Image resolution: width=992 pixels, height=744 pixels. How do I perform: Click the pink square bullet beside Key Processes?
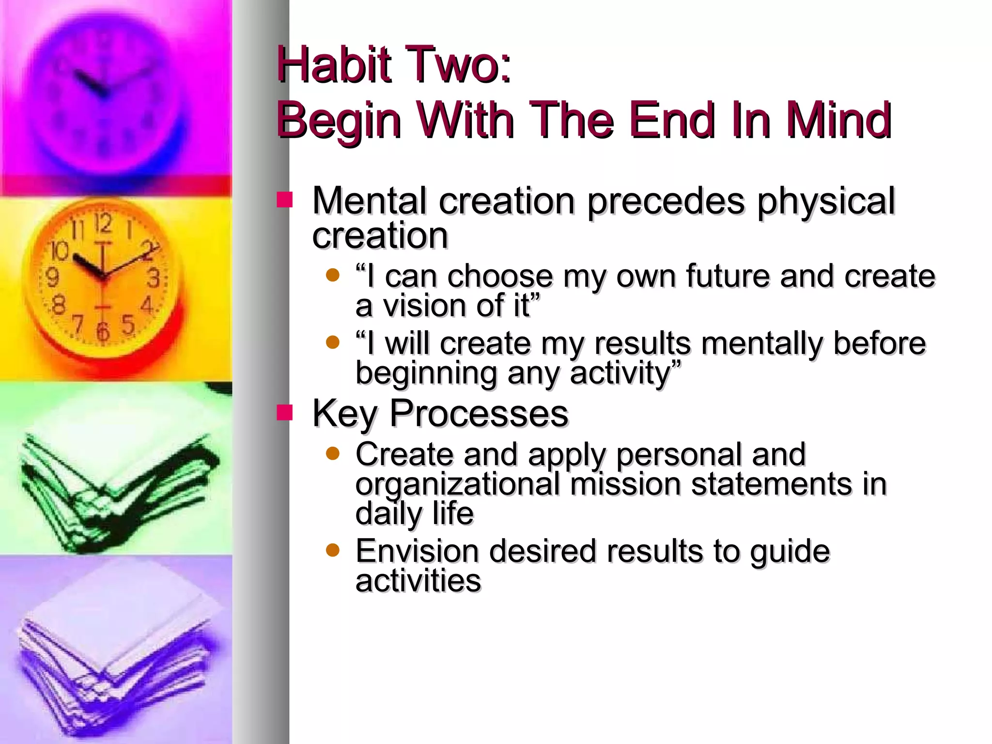pyautogui.click(x=285, y=413)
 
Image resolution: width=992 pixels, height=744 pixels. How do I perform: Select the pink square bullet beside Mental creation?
pyautogui.click(x=285, y=200)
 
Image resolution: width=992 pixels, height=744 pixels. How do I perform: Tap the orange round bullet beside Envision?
pyautogui.click(x=333, y=550)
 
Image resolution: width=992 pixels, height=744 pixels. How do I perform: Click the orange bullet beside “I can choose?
pyautogui.click(x=333, y=275)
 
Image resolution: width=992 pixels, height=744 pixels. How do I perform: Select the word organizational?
pyautogui.click(x=457, y=484)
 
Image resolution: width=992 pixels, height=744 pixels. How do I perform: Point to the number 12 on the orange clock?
pyautogui.click(x=103, y=224)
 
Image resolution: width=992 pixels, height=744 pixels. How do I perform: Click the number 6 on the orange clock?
pyautogui.click(x=102, y=332)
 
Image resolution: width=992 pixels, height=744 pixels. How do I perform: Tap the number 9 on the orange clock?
pyautogui.click(x=52, y=277)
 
